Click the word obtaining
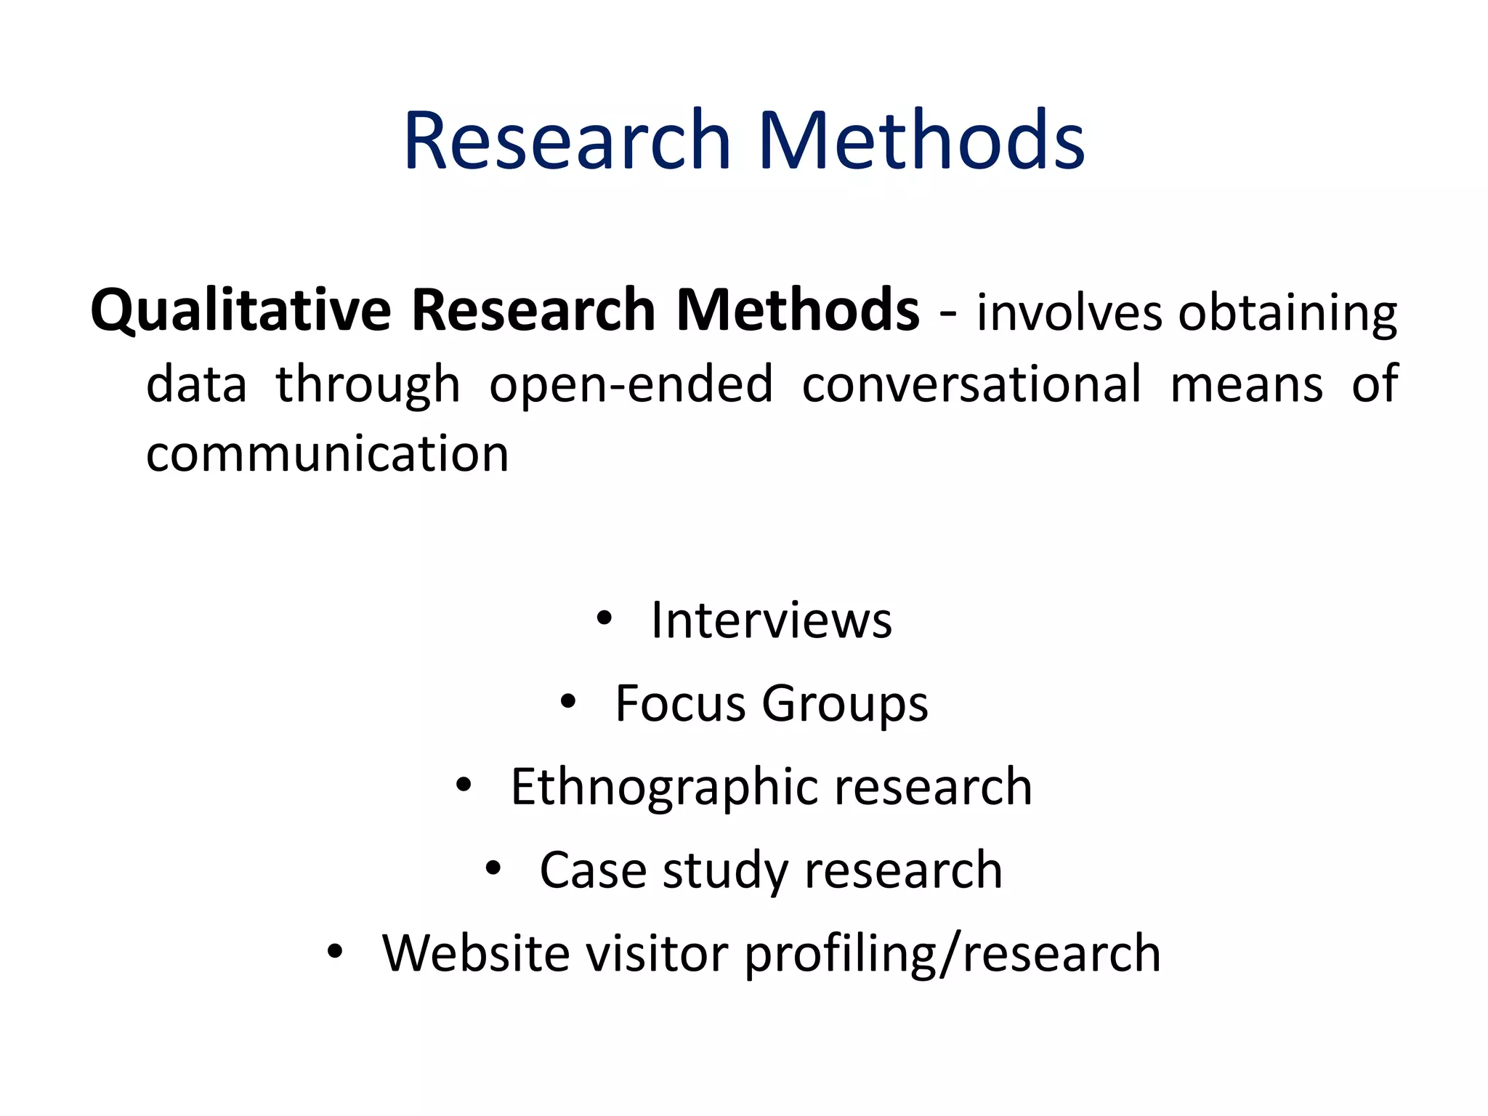click(1287, 314)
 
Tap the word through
click(368, 385)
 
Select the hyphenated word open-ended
click(631, 385)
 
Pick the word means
click(1247, 385)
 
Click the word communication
click(327, 454)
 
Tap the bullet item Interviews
click(771, 620)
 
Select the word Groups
click(844, 705)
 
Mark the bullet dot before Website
click(334, 952)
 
